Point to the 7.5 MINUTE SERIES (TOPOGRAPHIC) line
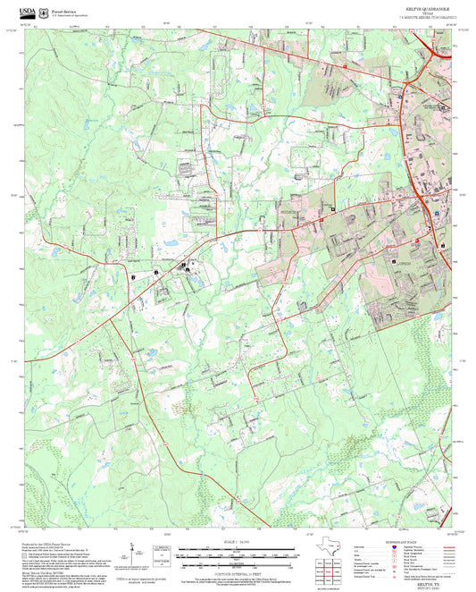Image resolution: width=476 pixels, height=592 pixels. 427,17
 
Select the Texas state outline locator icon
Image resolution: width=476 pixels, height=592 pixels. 331,546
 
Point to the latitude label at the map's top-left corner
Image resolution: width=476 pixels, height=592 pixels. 13,31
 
